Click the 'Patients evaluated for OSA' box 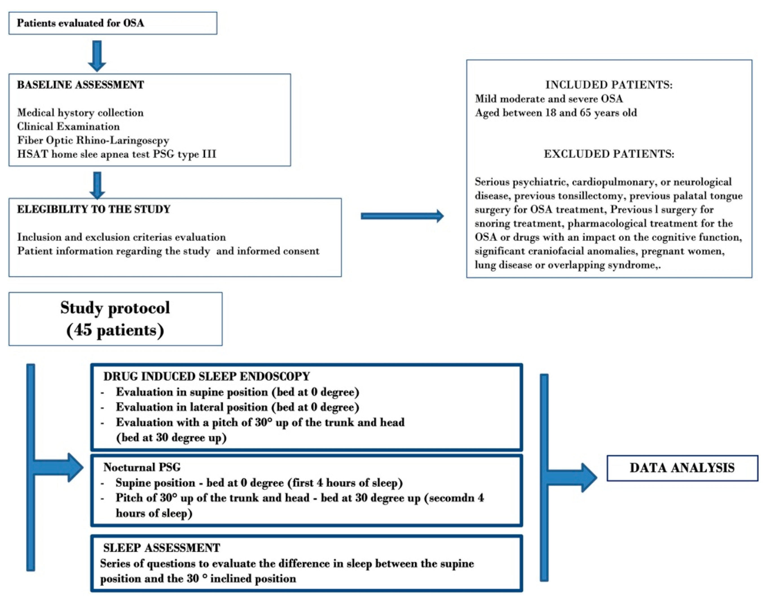coord(113,23)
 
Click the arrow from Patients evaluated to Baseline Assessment coord(97,56)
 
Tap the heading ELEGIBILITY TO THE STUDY coord(94,209)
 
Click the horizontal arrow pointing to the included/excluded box coord(402,216)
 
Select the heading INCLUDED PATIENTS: coord(608,85)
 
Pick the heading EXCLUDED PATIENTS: coord(608,154)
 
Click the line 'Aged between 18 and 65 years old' coord(556,113)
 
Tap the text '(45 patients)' coord(115,330)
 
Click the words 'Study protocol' coord(115,308)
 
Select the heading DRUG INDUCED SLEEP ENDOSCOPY coord(206,376)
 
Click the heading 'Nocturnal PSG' coord(142,467)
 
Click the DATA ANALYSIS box coord(682,468)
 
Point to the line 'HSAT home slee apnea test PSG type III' coord(116,154)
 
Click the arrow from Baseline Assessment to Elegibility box coord(97,185)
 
